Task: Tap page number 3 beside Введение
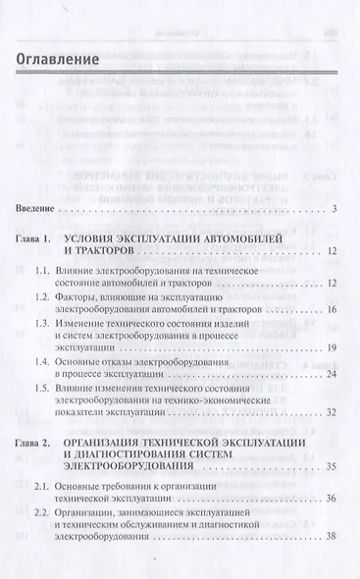point(334,209)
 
